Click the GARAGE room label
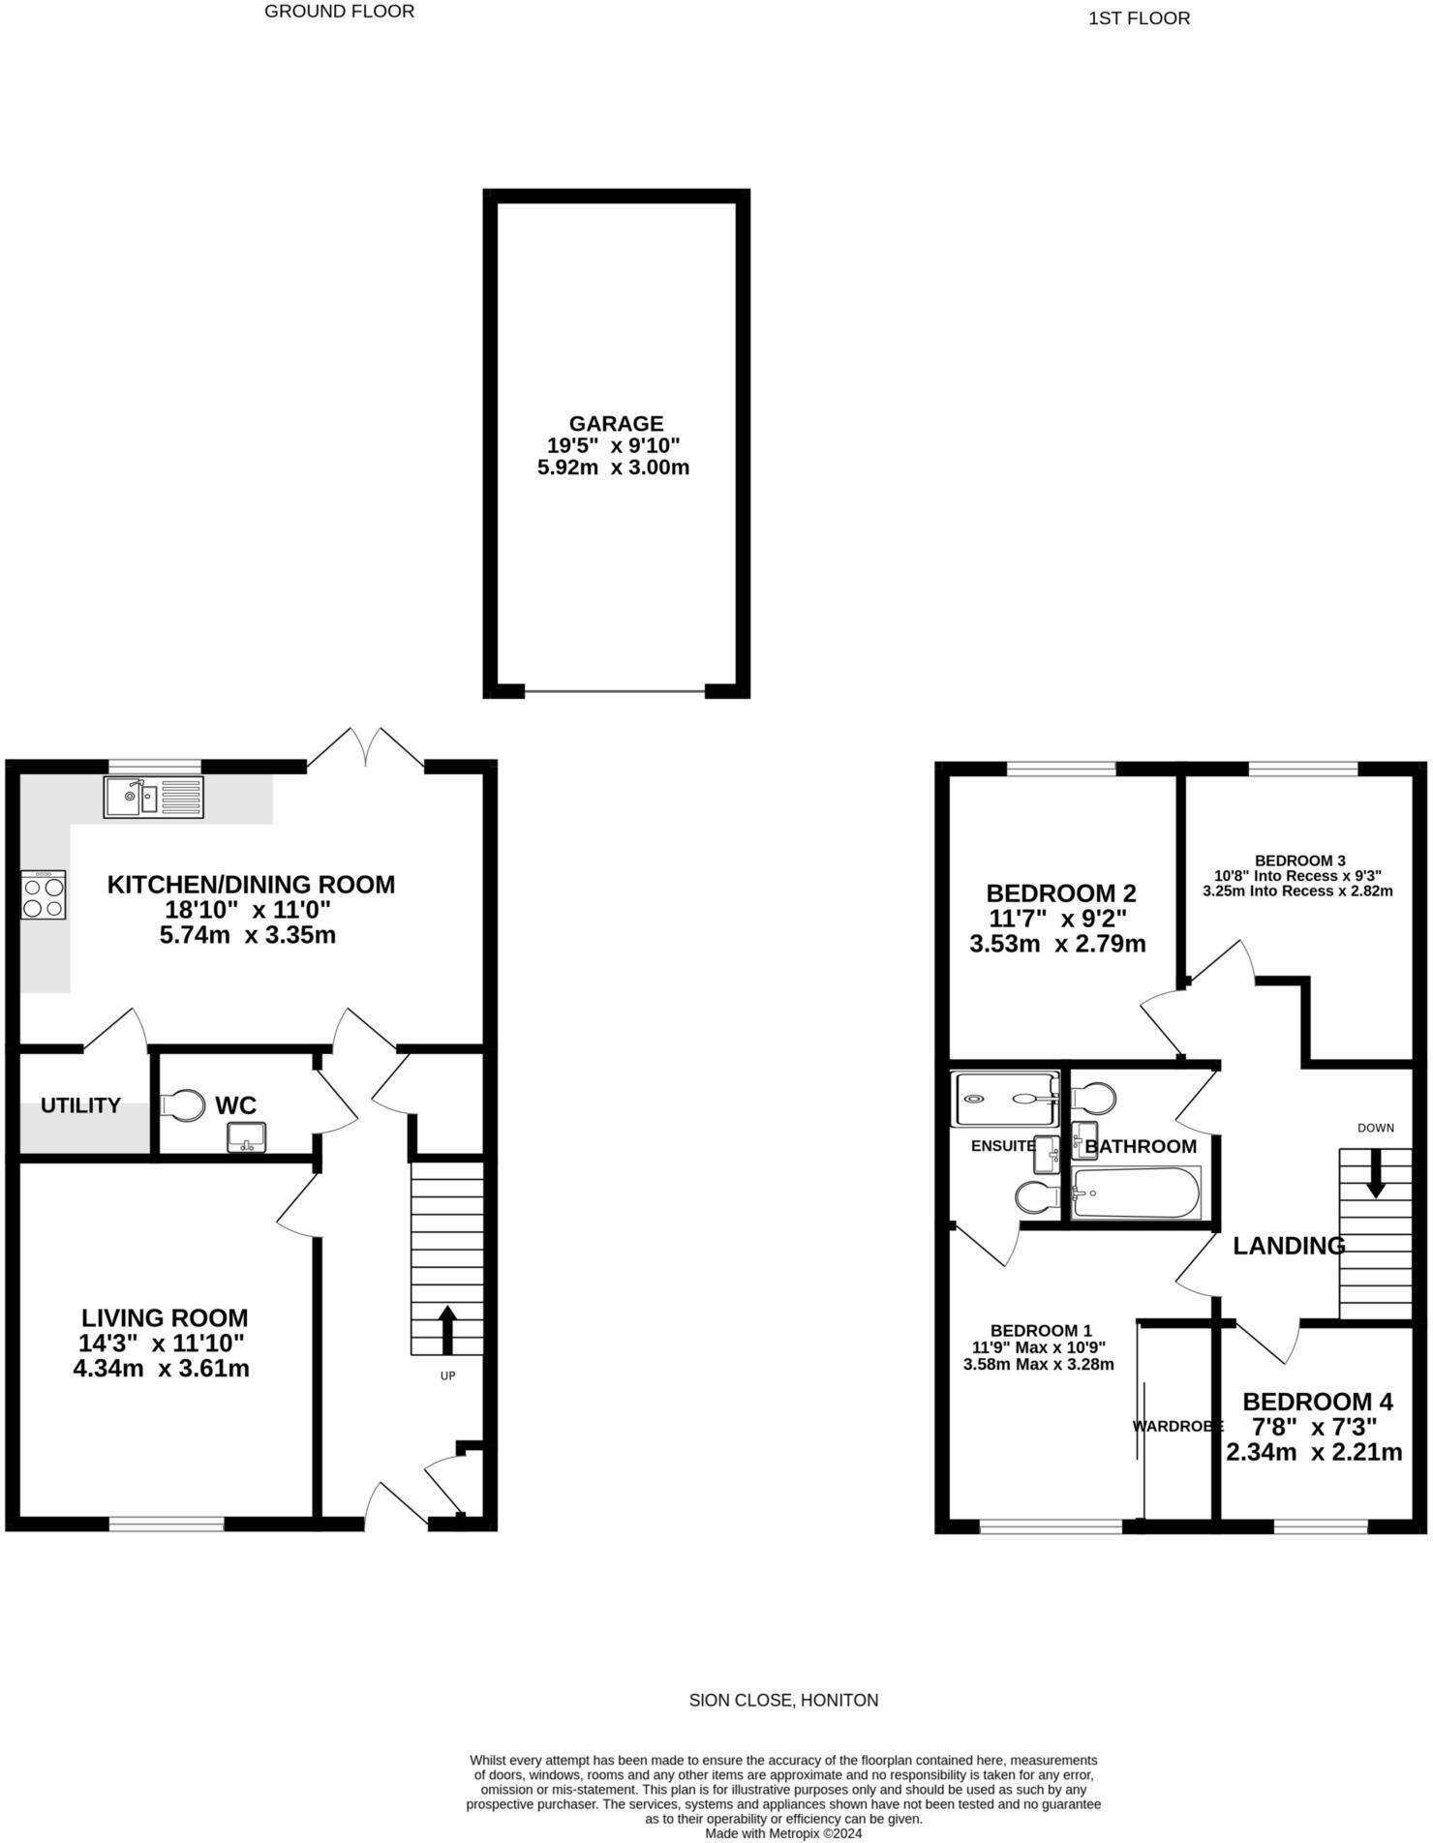click(616, 424)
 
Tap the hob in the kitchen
click(44, 895)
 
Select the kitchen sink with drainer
click(154, 798)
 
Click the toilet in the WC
click(184, 1104)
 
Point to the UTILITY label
click(80, 1105)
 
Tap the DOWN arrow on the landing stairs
click(1375, 1176)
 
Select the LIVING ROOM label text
click(165, 1317)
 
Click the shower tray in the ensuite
click(1005, 1099)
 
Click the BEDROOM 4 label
click(1317, 1402)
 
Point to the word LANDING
click(1289, 1247)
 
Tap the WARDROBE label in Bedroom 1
click(1177, 1426)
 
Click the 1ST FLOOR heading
click(1139, 18)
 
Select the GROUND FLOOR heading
click(339, 12)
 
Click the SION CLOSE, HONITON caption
click(783, 1700)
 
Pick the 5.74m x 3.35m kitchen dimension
click(247, 936)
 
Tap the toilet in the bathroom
click(1094, 1099)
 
